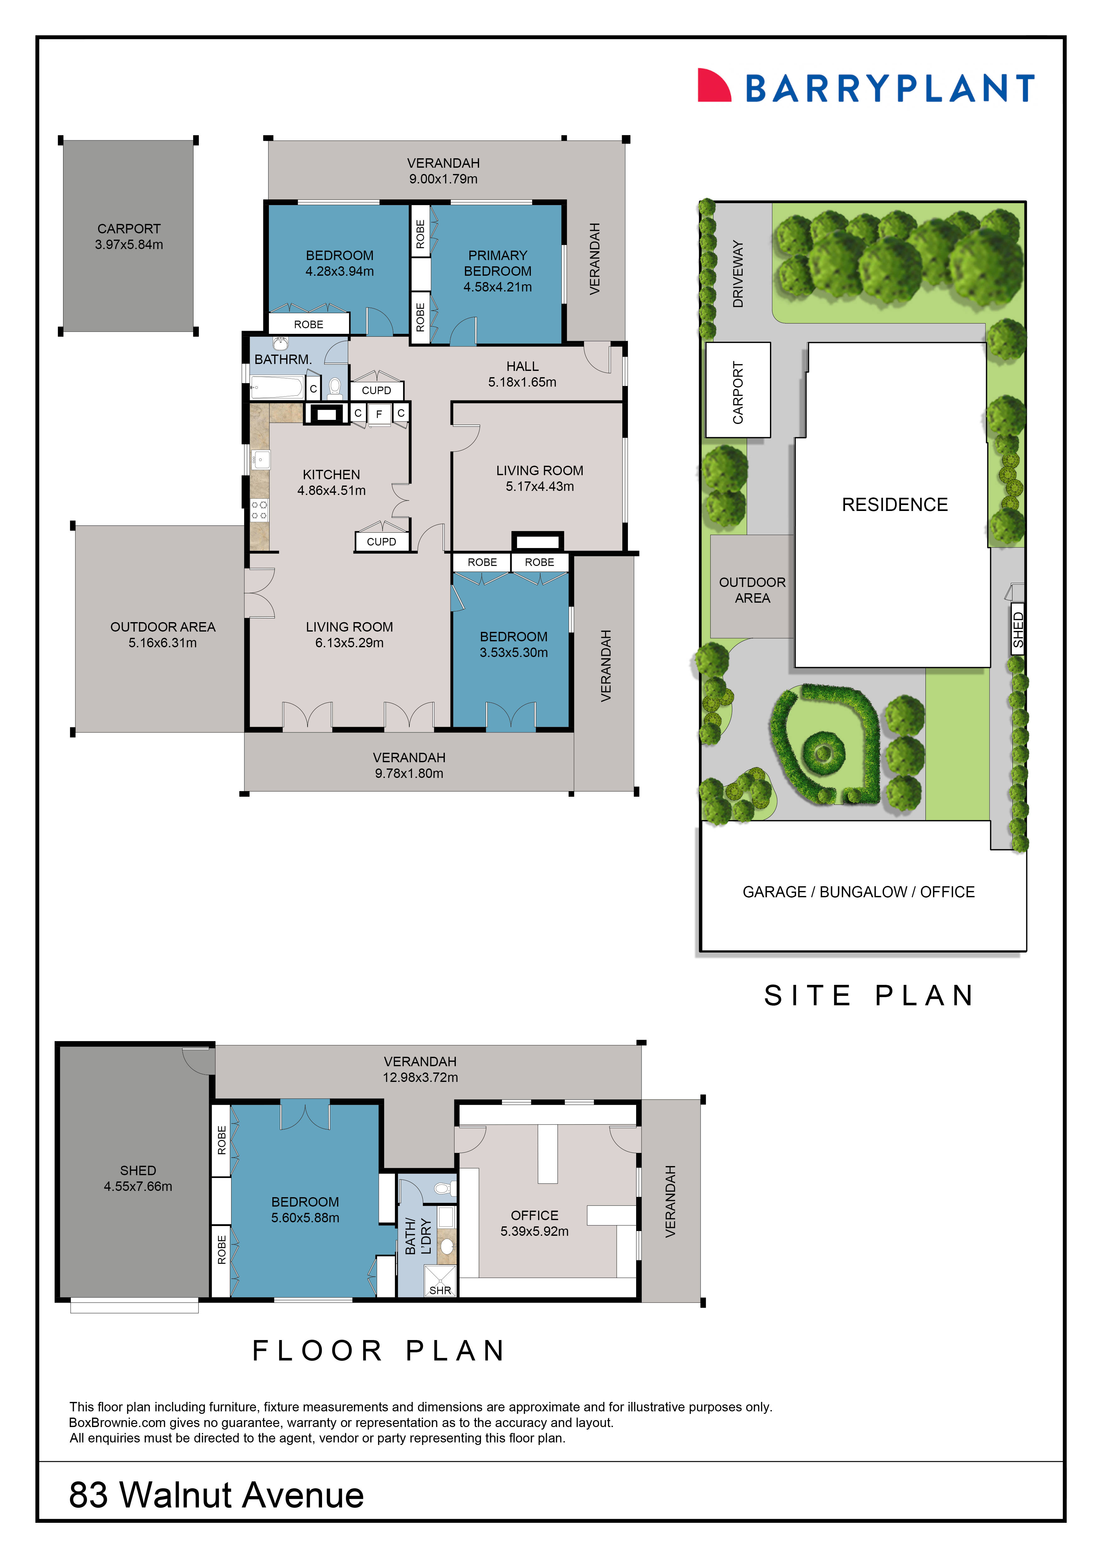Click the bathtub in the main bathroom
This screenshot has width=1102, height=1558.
(x=276, y=388)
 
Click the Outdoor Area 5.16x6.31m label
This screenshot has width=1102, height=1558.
(x=163, y=634)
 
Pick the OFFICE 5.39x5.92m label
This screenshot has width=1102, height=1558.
(x=535, y=1223)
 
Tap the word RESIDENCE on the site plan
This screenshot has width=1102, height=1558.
(x=894, y=505)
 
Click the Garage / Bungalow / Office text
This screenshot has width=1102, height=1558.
(x=859, y=892)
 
